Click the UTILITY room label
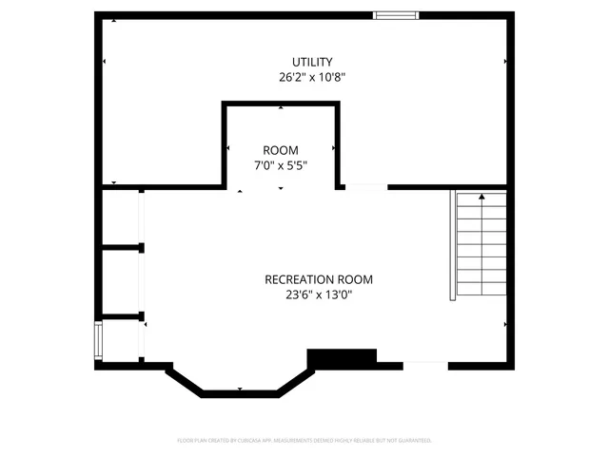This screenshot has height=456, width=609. pyautogui.click(x=305, y=62)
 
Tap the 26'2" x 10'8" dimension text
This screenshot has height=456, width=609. pyautogui.click(x=305, y=78)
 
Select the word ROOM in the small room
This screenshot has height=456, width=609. pyautogui.click(x=281, y=150)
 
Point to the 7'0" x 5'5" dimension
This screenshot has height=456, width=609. pyautogui.click(x=281, y=165)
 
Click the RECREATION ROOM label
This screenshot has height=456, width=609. pyautogui.click(x=319, y=279)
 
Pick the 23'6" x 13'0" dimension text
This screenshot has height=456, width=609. pyautogui.click(x=319, y=294)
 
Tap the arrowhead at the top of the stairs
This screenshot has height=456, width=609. pyautogui.click(x=481, y=197)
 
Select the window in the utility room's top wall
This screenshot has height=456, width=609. pyautogui.click(x=395, y=14)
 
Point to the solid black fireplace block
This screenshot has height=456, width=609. pyautogui.click(x=342, y=357)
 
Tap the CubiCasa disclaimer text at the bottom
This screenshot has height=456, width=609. pyautogui.click(x=304, y=441)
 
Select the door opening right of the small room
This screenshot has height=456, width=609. pyautogui.click(x=366, y=187)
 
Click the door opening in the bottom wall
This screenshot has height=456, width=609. pyautogui.click(x=425, y=364)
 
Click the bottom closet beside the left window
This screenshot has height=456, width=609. pyautogui.click(x=121, y=339)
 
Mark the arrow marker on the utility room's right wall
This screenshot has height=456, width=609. pyautogui.click(x=504, y=62)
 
